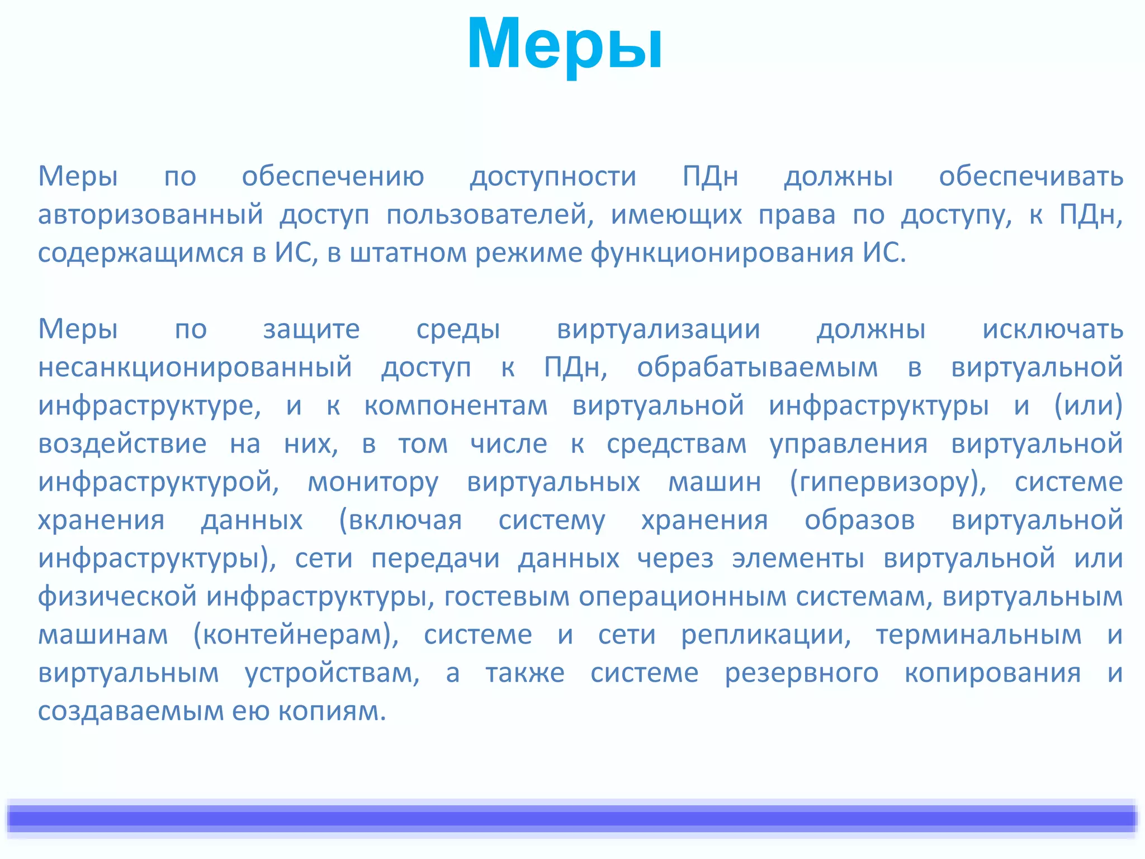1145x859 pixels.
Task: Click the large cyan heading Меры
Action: pyautogui.click(x=565, y=45)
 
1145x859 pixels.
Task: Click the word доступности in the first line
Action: pyautogui.click(x=553, y=177)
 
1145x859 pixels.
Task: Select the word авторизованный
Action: pyautogui.click(x=150, y=215)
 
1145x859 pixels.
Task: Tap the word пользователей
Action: pyautogui.click(x=489, y=215)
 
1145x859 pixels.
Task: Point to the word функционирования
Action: pyautogui.click(x=721, y=253)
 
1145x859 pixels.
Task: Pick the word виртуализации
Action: pyautogui.click(x=658, y=329)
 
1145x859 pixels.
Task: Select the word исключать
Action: pyautogui.click(x=1052, y=329)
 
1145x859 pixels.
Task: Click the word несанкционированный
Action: pyautogui.click(x=195, y=368)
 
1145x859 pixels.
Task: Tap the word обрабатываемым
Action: pyautogui.click(x=757, y=368)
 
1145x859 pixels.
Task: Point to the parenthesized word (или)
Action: pyautogui.click(x=1088, y=406)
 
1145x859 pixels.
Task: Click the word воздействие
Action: pyautogui.click(x=122, y=444)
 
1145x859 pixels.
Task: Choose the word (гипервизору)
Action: pyautogui.click(x=888, y=482)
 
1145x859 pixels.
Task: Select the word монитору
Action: pyautogui.click(x=373, y=482)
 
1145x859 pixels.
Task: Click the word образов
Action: pyautogui.click(x=859, y=520)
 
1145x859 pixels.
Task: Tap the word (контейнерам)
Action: pyautogui.click(x=296, y=635)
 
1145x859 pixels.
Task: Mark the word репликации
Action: pyautogui.click(x=765, y=635)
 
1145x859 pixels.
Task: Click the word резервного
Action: pyautogui.click(x=801, y=673)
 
